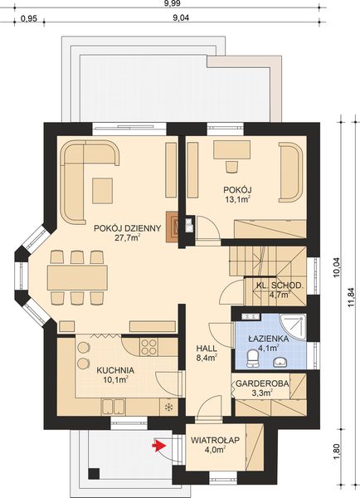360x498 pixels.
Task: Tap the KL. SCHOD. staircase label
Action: pyautogui.click(x=279, y=285)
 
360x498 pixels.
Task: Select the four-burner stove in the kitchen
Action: pyautogui.click(x=147, y=346)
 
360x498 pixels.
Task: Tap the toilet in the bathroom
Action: pyautogui.click(x=253, y=357)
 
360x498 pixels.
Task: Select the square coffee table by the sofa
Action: pyautogui.click(x=104, y=189)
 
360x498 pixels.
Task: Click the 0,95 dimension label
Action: pyautogui.click(x=28, y=17)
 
